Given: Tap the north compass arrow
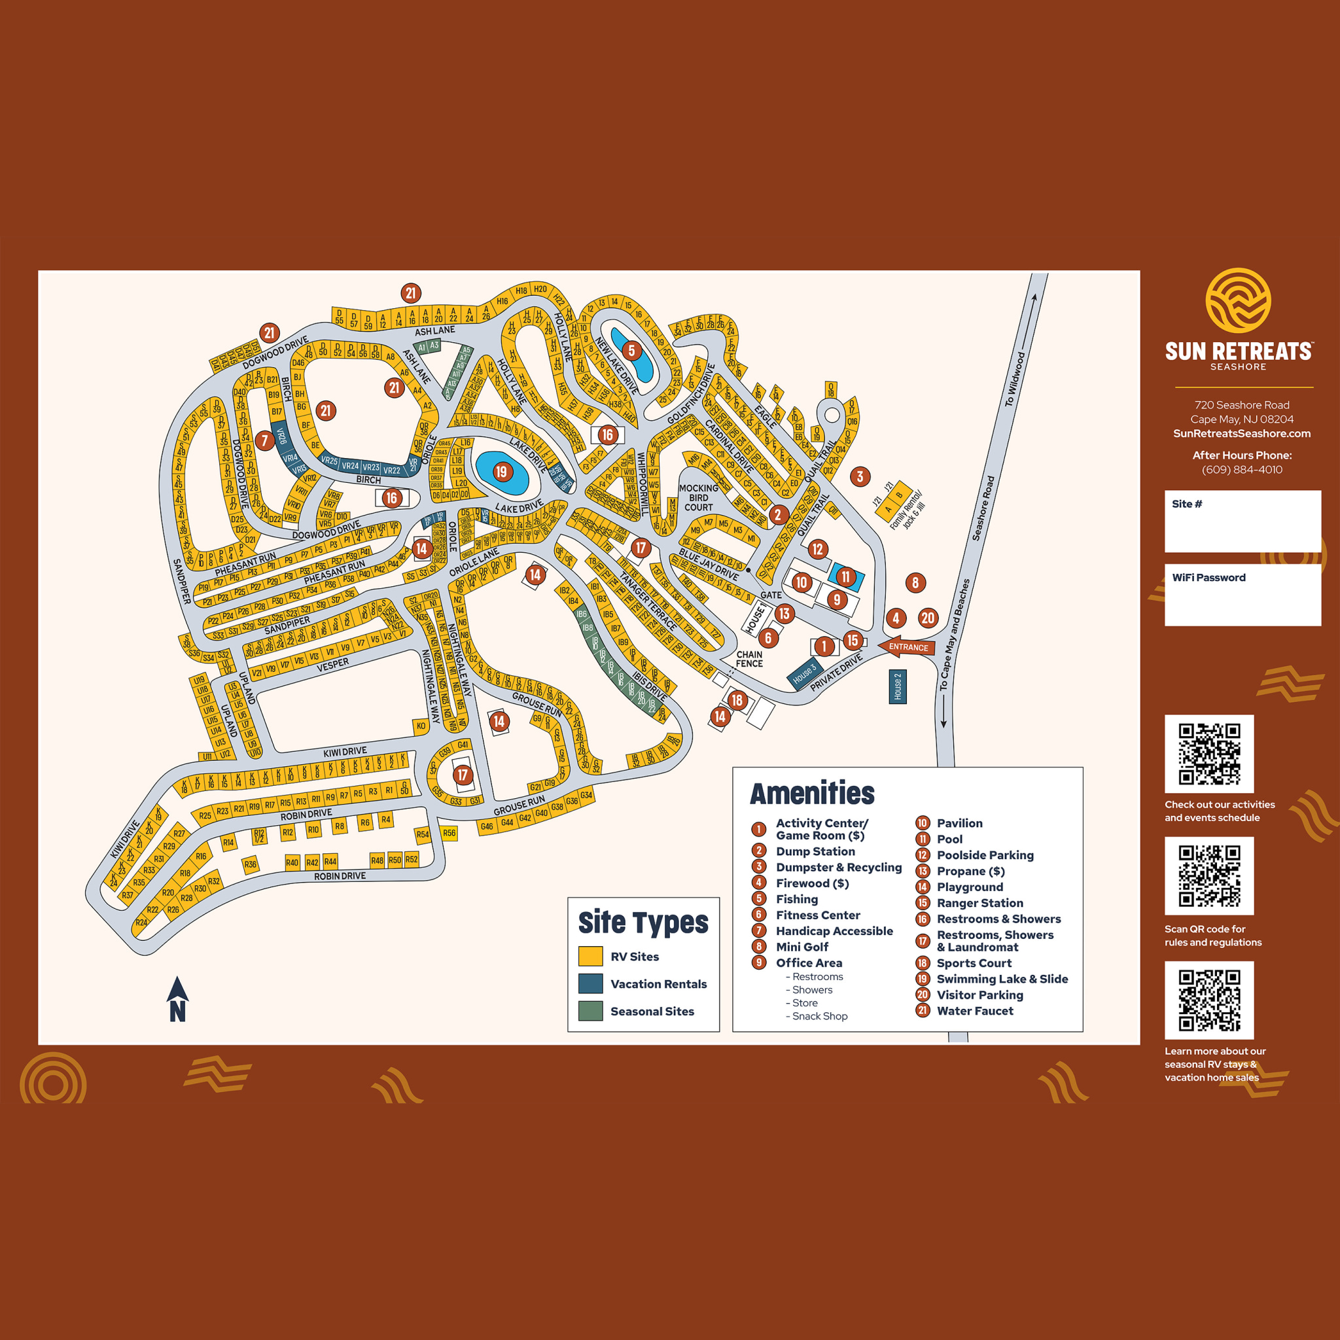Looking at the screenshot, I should coord(177,998).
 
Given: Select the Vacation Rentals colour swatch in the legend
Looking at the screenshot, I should coord(590,983).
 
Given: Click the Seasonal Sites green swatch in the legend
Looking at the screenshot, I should coord(590,1012).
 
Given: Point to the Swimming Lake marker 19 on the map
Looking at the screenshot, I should coord(501,472).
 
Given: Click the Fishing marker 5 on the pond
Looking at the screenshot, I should coord(631,351).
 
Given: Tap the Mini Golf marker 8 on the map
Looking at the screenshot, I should coord(915,582).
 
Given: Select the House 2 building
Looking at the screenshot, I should coord(898,686).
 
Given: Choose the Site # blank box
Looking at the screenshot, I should coord(1243,521).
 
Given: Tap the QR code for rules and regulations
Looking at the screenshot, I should coord(1209,875).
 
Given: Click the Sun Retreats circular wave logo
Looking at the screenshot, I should coord(1238,300).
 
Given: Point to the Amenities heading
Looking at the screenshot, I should coord(812,794).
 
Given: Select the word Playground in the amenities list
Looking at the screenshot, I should coord(970,887).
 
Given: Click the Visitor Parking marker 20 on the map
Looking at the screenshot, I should coord(928,617).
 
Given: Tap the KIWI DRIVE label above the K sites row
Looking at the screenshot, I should coord(345,752).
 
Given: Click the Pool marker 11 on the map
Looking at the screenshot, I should coord(845,576).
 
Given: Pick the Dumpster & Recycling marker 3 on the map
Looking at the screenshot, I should coord(860,476).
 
